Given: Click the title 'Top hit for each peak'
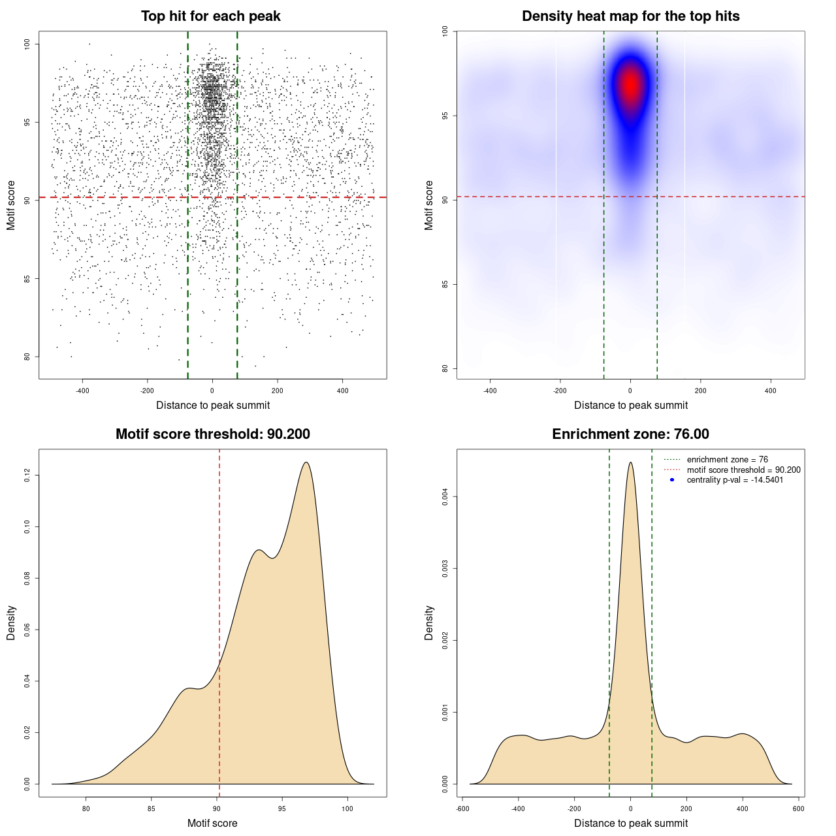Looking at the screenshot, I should pyautogui.click(x=210, y=16).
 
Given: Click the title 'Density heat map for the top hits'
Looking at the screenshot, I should pyautogui.click(x=630, y=16).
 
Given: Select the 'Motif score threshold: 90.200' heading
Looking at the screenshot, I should pyautogui.click(x=212, y=434).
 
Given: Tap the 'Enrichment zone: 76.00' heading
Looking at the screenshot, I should pyautogui.click(x=630, y=434).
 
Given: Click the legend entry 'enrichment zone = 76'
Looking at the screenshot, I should pyautogui.click(x=727, y=460).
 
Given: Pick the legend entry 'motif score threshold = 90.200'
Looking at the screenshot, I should pyautogui.click(x=743, y=470).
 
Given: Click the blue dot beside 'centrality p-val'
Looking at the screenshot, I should pyautogui.click(x=672, y=480).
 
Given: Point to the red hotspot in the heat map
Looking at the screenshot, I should pyautogui.click(x=630, y=86).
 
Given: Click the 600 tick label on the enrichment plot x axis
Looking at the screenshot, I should pyautogui.click(x=798, y=809).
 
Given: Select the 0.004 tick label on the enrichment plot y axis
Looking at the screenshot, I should pyautogui.click(x=445, y=497).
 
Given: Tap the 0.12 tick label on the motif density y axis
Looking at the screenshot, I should pyautogui.click(x=27, y=475).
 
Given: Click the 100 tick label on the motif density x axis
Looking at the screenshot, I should pyautogui.click(x=347, y=809).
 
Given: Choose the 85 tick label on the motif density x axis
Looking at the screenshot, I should pyautogui.click(x=152, y=809).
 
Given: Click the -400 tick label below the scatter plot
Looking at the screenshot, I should pyautogui.click(x=82, y=391).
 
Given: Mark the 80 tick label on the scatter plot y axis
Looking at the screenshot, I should pyautogui.click(x=27, y=357).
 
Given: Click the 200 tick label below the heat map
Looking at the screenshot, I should pyautogui.click(x=700, y=391).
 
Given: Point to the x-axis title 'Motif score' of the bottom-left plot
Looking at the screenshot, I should pyautogui.click(x=212, y=823).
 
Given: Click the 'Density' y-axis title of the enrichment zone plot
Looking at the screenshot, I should pyautogui.click(x=429, y=622).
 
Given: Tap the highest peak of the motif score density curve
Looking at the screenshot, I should pyautogui.click(x=305, y=462).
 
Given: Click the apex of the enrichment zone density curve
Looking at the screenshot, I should pyautogui.click(x=630, y=462).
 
